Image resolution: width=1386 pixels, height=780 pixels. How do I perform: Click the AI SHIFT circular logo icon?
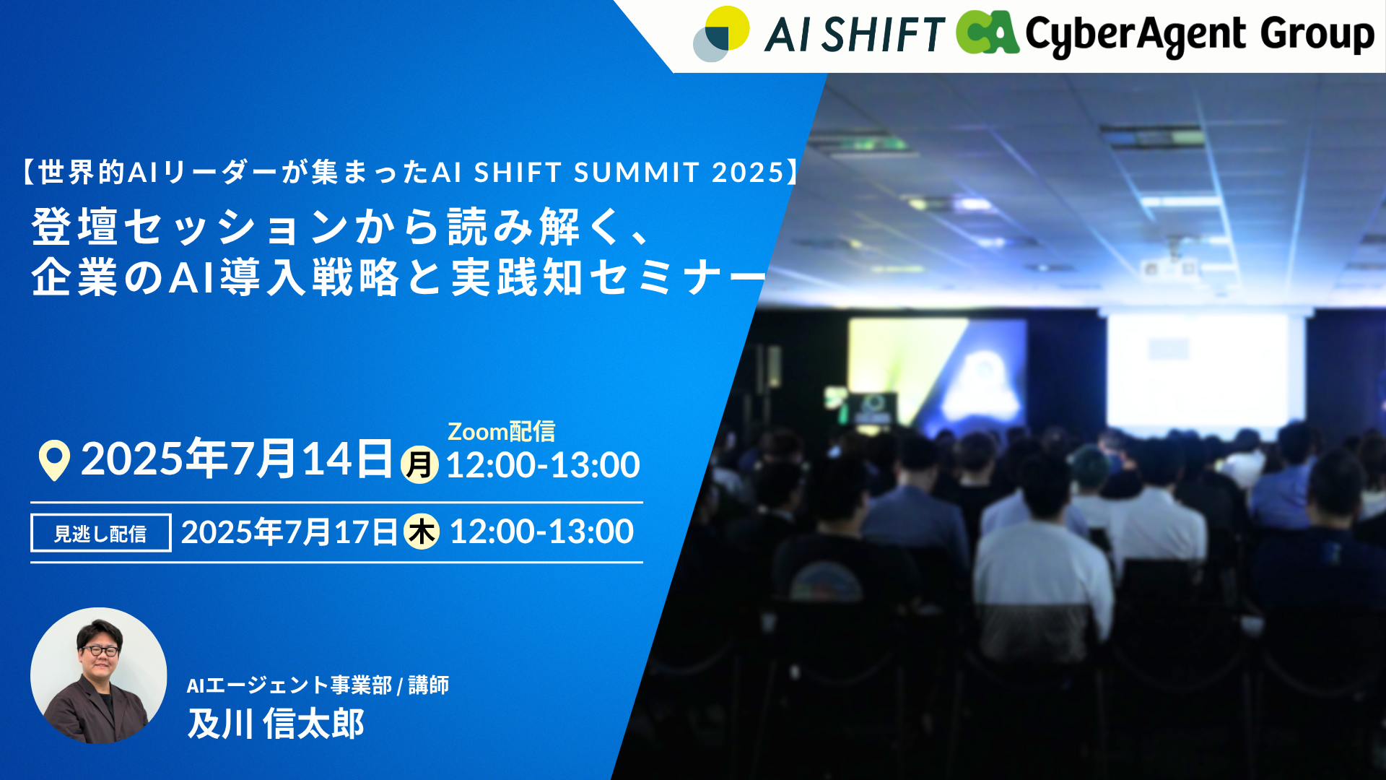[x=720, y=34]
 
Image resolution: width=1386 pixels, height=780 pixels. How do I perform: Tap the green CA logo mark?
[x=987, y=32]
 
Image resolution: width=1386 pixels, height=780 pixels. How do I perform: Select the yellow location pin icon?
[x=54, y=460]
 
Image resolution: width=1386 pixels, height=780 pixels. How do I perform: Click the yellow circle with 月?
[x=419, y=464]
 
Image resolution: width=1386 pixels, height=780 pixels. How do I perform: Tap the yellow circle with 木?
[x=422, y=532]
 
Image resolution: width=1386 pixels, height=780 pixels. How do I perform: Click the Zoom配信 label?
[x=502, y=431]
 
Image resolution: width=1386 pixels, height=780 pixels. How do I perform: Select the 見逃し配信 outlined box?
[x=101, y=533]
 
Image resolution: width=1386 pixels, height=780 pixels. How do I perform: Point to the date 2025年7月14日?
[x=237, y=459]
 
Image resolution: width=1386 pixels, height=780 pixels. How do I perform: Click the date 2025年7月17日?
[x=289, y=532]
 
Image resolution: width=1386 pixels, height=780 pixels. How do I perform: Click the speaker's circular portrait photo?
[x=99, y=675]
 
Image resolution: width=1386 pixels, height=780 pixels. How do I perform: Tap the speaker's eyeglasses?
[x=100, y=651]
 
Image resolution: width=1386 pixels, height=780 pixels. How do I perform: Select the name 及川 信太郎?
[x=276, y=723]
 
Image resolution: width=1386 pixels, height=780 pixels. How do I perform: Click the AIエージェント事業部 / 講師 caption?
[x=318, y=685]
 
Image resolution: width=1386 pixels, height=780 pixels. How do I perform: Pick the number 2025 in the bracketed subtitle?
[x=748, y=173]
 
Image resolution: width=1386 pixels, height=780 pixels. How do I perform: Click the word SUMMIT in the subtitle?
[x=637, y=173]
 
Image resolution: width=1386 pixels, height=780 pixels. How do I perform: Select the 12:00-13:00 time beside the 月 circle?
[x=543, y=465]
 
